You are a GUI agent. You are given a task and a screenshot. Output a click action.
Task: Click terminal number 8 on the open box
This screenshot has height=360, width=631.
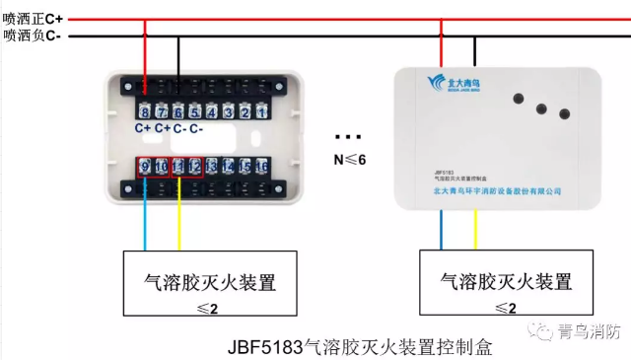point(145,112)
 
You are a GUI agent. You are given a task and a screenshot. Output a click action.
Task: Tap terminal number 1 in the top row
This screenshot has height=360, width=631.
point(260,112)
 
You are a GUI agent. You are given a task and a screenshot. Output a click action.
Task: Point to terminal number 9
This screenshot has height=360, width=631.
point(145,168)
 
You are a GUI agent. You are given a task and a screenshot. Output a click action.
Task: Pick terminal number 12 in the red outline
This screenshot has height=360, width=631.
point(194,168)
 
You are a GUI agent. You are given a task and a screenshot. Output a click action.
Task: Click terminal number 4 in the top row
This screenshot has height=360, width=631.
point(211,112)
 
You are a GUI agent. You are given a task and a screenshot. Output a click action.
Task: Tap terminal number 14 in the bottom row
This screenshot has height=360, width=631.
point(228,168)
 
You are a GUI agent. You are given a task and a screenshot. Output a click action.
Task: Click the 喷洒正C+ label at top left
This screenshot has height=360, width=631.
point(33,19)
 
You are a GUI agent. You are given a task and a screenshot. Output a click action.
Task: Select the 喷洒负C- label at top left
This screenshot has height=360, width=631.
point(32,36)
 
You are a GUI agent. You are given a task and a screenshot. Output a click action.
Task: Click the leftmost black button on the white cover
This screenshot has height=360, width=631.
point(517,97)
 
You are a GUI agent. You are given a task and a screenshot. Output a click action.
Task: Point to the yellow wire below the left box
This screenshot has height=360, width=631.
point(178,222)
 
